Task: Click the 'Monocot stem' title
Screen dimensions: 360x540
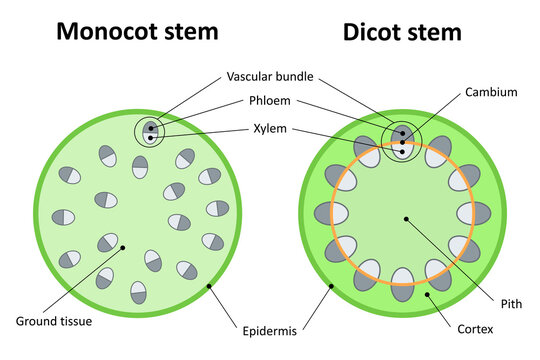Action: (x=136, y=32)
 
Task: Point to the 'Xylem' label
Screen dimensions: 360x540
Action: (x=270, y=128)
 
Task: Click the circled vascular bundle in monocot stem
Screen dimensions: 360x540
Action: (x=150, y=132)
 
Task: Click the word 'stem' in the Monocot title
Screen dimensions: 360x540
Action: (x=188, y=32)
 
